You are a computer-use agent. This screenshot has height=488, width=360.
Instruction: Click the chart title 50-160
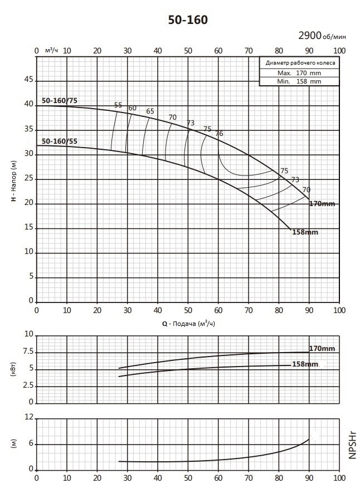[188, 20]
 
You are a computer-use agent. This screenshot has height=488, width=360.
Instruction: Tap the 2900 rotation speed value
[309, 36]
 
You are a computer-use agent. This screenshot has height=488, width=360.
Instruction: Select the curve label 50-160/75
[60, 100]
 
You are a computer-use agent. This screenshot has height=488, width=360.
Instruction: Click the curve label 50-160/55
[60, 141]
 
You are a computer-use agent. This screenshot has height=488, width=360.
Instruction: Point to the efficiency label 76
[219, 134]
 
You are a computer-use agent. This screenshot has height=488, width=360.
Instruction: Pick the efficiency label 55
[118, 105]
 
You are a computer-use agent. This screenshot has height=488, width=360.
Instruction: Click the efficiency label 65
[150, 111]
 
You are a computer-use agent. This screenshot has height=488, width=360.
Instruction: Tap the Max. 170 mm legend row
[299, 73]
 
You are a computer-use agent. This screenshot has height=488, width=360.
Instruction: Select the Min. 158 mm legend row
[299, 81]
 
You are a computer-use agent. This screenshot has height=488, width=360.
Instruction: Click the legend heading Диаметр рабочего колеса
[300, 63]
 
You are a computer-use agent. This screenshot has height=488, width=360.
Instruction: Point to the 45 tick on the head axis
[28, 80]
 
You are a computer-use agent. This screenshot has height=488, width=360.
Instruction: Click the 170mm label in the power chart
[322, 349]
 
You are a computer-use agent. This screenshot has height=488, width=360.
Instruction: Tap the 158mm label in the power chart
[305, 364]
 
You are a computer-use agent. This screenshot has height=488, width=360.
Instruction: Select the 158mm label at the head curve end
[305, 232]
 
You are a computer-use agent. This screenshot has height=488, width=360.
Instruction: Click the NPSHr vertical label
[352, 445]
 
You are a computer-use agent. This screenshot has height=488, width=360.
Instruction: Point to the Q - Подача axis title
[188, 324]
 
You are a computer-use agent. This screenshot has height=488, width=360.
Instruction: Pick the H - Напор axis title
[14, 181]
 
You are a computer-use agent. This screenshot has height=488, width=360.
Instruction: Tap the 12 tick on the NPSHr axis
[28, 417]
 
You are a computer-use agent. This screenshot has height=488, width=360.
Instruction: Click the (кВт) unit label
[13, 369]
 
